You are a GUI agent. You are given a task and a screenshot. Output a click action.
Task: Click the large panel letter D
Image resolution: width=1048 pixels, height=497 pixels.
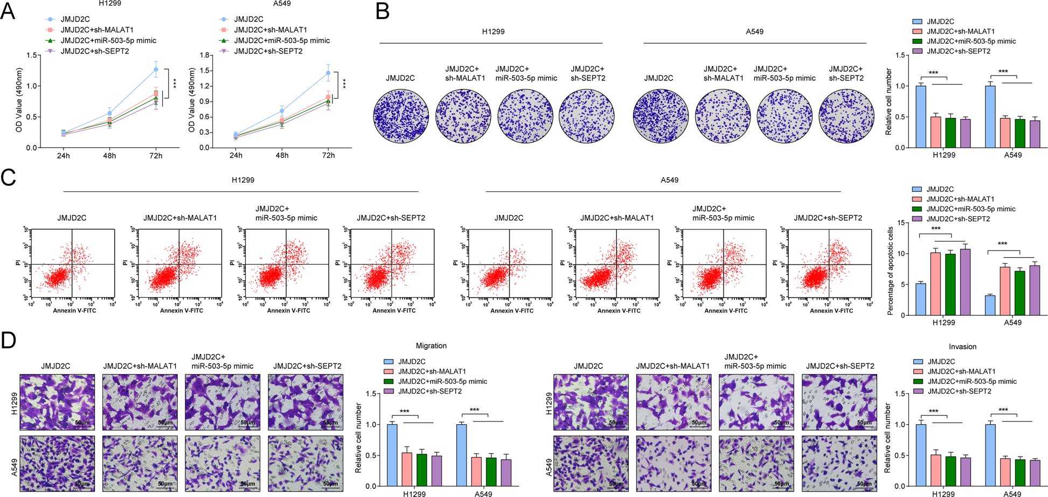pyautogui.click(x=9, y=341)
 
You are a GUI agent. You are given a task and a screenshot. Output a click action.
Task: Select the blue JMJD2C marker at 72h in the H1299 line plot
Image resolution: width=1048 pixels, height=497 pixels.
pyautogui.click(x=156, y=69)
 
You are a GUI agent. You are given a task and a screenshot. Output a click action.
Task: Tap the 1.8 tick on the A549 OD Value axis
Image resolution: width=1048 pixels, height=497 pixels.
pyautogui.click(x=204, y=55)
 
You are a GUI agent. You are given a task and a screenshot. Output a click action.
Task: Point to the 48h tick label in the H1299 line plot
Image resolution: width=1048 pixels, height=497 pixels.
pyautogui.click(x=109, y=156)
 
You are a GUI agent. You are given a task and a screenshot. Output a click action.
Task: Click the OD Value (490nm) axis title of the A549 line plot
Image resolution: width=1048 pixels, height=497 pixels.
pyautogui.click(x=191, y=100)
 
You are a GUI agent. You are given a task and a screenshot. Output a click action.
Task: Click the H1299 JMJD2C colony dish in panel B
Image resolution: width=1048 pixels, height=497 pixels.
pyautogui.click(x=400, y=116)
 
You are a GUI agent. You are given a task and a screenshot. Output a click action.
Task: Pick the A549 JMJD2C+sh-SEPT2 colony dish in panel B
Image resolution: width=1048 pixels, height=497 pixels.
pyautogui.click(x=846, y=116)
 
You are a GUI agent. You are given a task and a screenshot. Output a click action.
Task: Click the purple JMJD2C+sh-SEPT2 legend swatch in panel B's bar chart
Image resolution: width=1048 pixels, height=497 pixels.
pyautogui.click(x=917, y=51)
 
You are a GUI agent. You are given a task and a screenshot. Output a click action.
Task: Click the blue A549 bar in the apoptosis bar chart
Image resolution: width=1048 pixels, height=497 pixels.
pyautogui.click(x=990, y=306)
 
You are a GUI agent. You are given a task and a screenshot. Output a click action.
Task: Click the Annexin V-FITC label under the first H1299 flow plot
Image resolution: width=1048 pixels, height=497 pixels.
pyautogui.click(x=74, y=310)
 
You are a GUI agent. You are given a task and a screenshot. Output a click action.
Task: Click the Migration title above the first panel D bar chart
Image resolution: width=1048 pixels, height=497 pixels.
pyautogui.click(x=431, y=346)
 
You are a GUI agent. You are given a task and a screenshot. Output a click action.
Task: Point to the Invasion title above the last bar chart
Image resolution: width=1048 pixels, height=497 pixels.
pyautogui.click(x=962, y=347)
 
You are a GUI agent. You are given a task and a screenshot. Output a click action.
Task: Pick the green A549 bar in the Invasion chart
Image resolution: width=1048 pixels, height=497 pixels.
pyautogui.click(x=1019, y=473)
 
